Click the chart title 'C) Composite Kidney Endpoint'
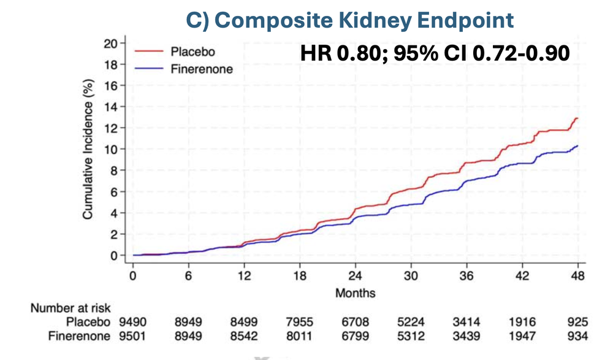tap(350, 20)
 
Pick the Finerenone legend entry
tap(201, 69)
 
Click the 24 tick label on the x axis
tap(356, 276)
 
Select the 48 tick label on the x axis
tap(578, 276)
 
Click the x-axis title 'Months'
tap(356, 293)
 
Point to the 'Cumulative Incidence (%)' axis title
tap(88, 150)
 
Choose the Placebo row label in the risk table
tap(89, 322)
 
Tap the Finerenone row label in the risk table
tap(81, 335)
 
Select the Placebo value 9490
tap(132, 322)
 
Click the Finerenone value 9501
tap(132, 335)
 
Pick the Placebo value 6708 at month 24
tap(355, 322)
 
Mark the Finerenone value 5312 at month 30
tap(411, 335)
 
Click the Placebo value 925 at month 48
tap(577, 322)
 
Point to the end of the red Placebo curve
tap(577, 118)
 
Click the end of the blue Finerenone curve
tap(577, 146)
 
